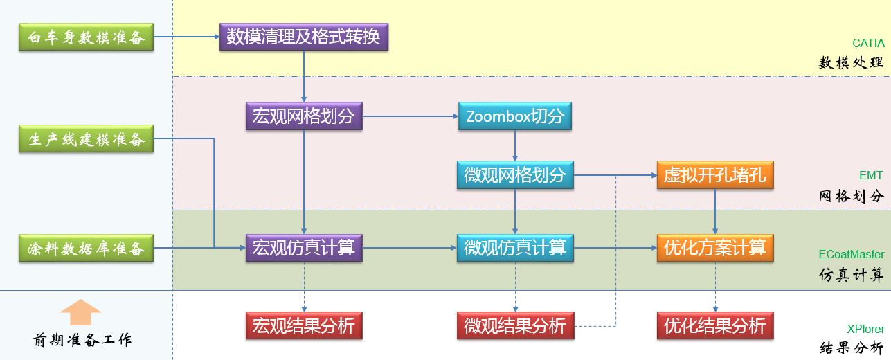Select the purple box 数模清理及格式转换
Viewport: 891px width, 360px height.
point(304,37)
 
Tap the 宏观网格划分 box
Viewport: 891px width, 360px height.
point(304,116)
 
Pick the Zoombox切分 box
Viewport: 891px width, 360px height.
point(515,116)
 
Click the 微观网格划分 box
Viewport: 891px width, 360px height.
point(515,175)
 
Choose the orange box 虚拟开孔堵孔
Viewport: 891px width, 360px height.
point(715,175)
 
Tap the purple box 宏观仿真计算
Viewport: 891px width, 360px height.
point(304,248)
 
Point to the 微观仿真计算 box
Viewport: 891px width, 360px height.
point(515,248)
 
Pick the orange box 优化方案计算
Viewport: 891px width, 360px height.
point(715,248)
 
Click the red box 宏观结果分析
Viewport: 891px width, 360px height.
point(304,325)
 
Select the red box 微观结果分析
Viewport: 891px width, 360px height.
point(515,325)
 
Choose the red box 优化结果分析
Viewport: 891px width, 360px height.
point(715,325)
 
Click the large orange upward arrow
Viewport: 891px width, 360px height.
point(80,312)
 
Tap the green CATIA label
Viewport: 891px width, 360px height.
point(868,44)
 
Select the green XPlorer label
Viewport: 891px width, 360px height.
point(865,330)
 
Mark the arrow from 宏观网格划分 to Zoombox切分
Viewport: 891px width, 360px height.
point(410,116)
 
